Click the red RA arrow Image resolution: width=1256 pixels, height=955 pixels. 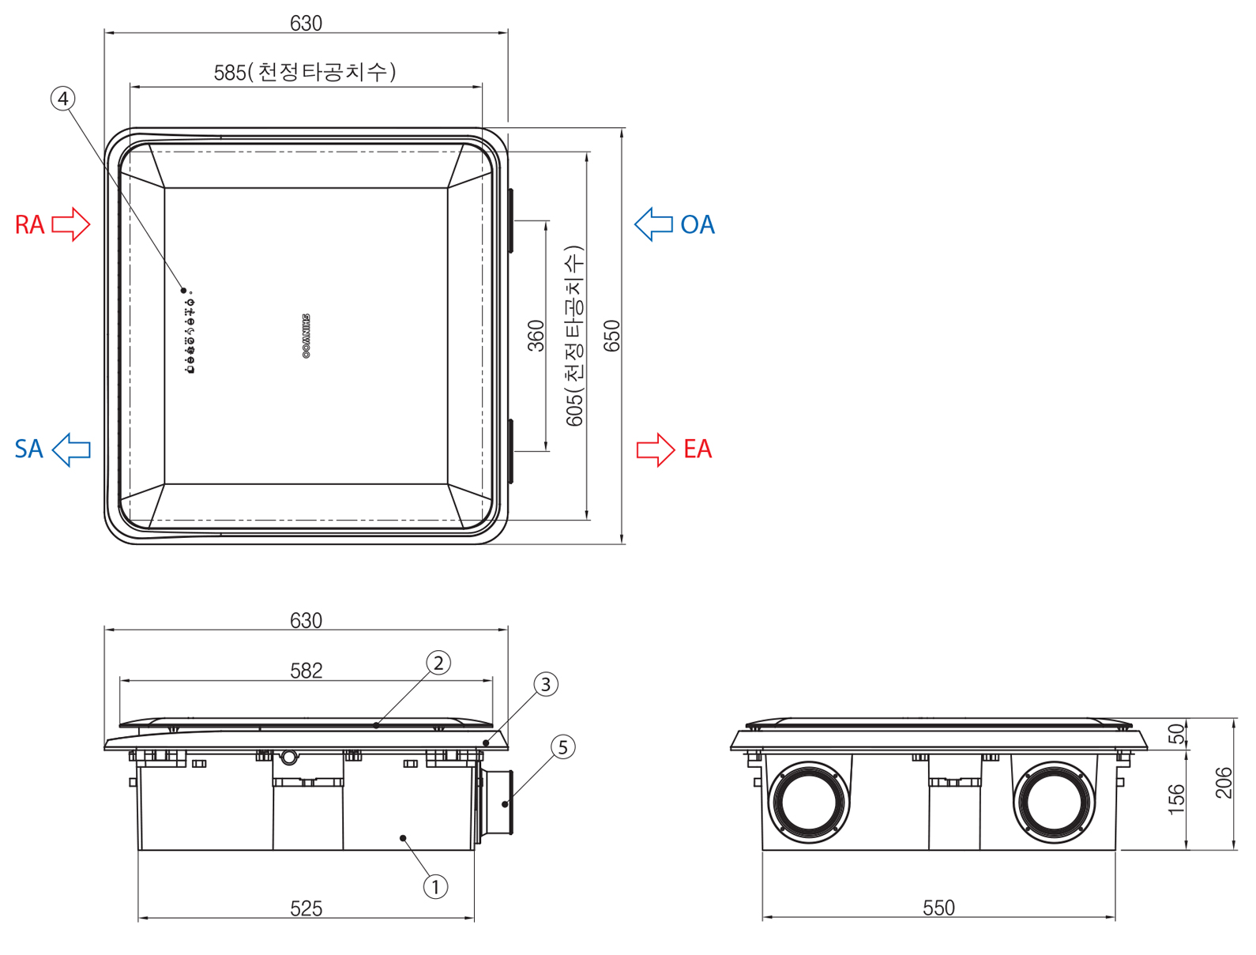coord(71,224)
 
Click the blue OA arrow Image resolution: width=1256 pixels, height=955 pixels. coord(653,224)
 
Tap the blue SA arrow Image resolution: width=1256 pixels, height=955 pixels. coord(71,449)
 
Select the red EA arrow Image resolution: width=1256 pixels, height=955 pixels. coord(656,449)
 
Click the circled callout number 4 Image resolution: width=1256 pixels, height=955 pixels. coord(63,99)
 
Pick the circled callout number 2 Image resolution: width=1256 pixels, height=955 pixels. coord(438,663)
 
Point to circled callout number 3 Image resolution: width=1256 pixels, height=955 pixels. coord(546,684)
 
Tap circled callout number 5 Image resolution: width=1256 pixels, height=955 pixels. coord(562,747)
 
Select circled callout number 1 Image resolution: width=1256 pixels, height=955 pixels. coord(435,887)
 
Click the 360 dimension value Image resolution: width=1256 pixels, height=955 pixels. coord(536,336)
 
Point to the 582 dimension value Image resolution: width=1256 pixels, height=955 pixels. coord(306,671)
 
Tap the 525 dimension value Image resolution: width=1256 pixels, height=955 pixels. coord(306,908)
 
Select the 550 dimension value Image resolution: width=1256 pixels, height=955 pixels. coord(938,908)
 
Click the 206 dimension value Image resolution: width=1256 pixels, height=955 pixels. coord(1224,783)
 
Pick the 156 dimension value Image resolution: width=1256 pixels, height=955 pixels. coord(1177,799)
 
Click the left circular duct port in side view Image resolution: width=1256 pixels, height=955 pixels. coord(809,802)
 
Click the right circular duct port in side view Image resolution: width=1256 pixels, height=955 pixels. coord(1054,802)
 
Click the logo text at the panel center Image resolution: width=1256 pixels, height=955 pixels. coord(306,337)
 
